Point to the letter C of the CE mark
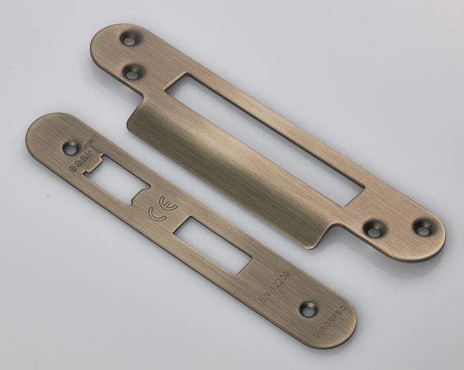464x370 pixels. tap(154, 214)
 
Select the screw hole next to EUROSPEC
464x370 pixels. tap(307, 308)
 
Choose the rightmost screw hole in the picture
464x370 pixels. tap(420, 227)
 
